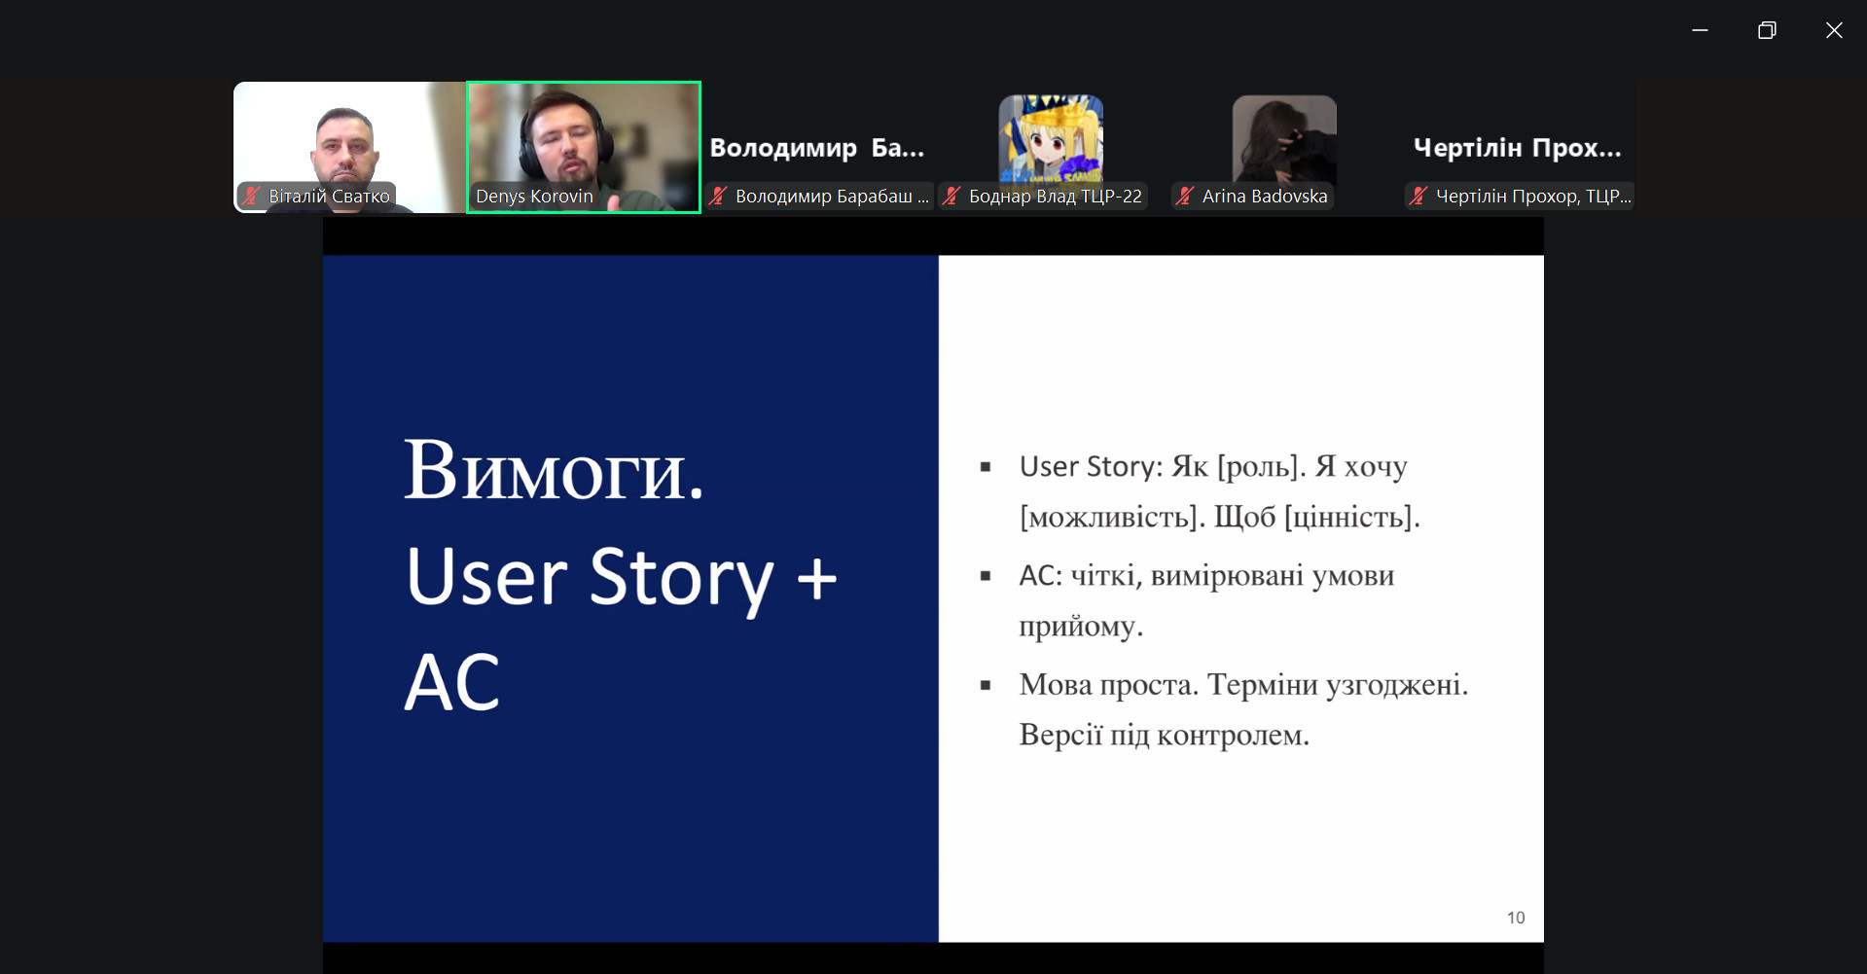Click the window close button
tap(1834, 30)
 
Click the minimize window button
tap(1700, 30)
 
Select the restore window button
tap(1767, 30)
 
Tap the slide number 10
tap(1516, 918)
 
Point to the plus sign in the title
tap(816, 578)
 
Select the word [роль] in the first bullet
tap(1261, 467)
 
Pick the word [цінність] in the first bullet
tap(1352, 517)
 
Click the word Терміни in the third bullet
tap(1262, 685)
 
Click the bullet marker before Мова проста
tap(986, 685)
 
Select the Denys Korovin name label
tap(534, 197)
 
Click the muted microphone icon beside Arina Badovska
tap(1184, 196)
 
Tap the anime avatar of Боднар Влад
tap(1051, 138)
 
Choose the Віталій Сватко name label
tap(329, 196)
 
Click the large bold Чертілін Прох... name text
tap(1517, 148)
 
